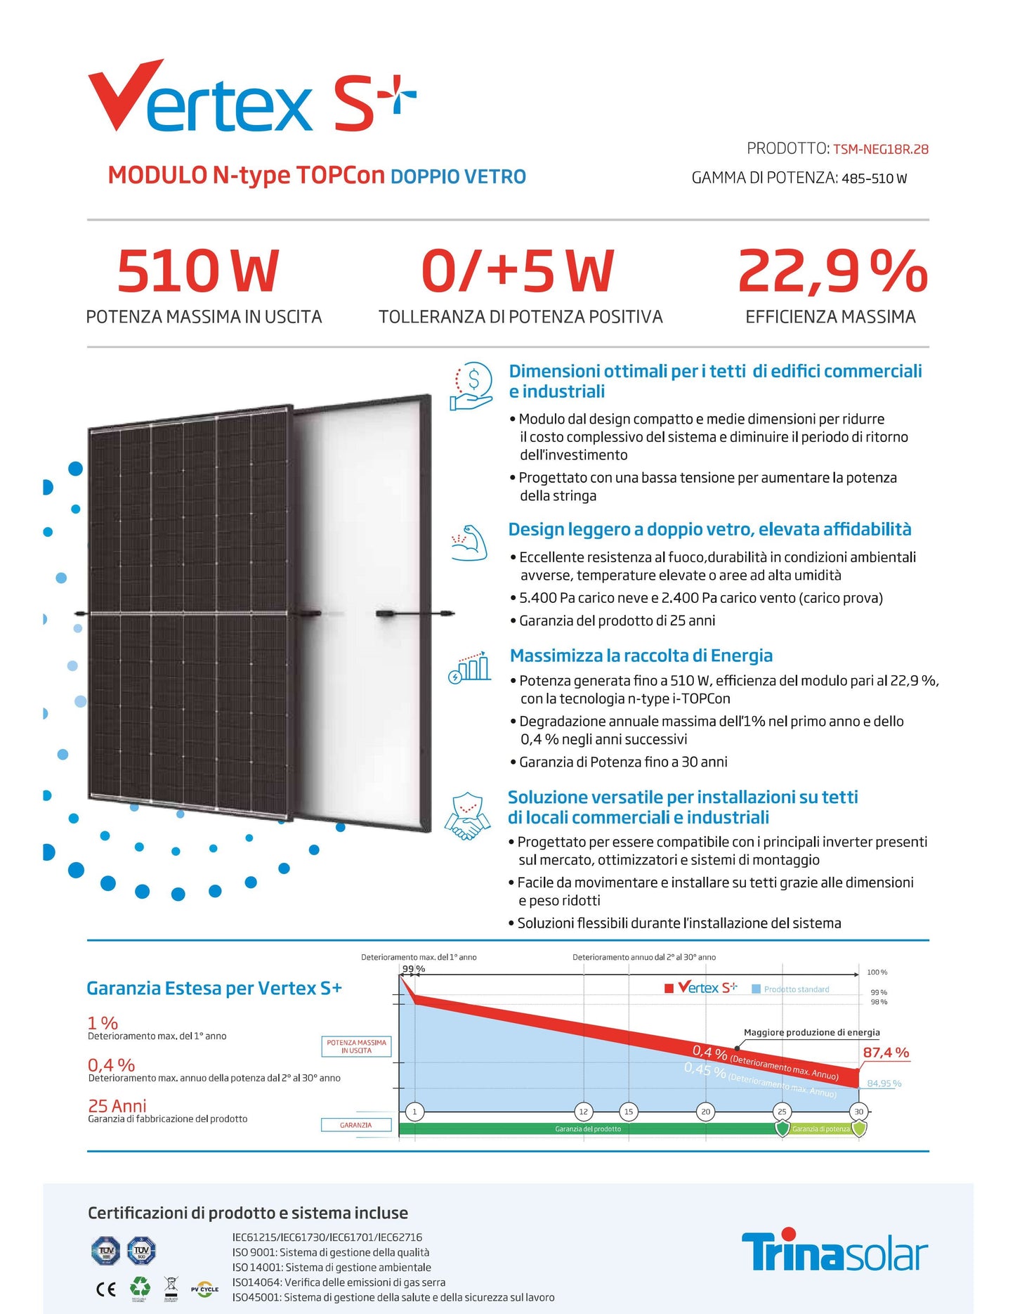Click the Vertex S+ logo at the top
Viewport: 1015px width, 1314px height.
pyautogui.click(x=251, y=98)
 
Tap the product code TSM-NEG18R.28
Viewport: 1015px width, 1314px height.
pyautogui.click(x=880, y=149)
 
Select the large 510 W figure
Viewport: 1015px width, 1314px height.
pyautogui.click(x=198, y=271)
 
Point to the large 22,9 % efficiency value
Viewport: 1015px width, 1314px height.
pyautogui.click(x=832, y=271)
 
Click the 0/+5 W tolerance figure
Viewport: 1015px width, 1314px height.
pyautogui.click(x=518, y=271)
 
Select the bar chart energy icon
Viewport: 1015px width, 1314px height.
pyautogui.click(x=470, y=666)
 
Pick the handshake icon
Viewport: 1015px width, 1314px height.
pyautogui.click(x=468, y=815)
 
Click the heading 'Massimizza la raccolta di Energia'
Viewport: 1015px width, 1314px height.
pyautogui.click(x=641, y=656)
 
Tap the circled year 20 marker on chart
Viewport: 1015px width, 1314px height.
pyautogui.click(x=705, y=1112)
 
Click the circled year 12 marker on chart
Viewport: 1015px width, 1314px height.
pyautogui.click(x=583, y=1112)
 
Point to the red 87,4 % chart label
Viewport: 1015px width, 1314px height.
pyautogui.click(x=886, y=1053)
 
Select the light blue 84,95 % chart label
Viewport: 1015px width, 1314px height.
pyautogui.click(x=884, y=1084)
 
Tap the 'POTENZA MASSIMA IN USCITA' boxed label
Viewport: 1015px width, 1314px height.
pyautogui.click(x=356, y=1046)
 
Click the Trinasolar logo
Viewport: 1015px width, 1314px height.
pyautogui.click(x=834, y=1252)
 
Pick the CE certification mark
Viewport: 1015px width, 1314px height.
pyautogui.click(x=106, y=1289)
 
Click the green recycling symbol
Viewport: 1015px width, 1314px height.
pyautogui.click(x=140, y=1287)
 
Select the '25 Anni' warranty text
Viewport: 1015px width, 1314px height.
pyautogui.click(x=117, y=1106)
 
